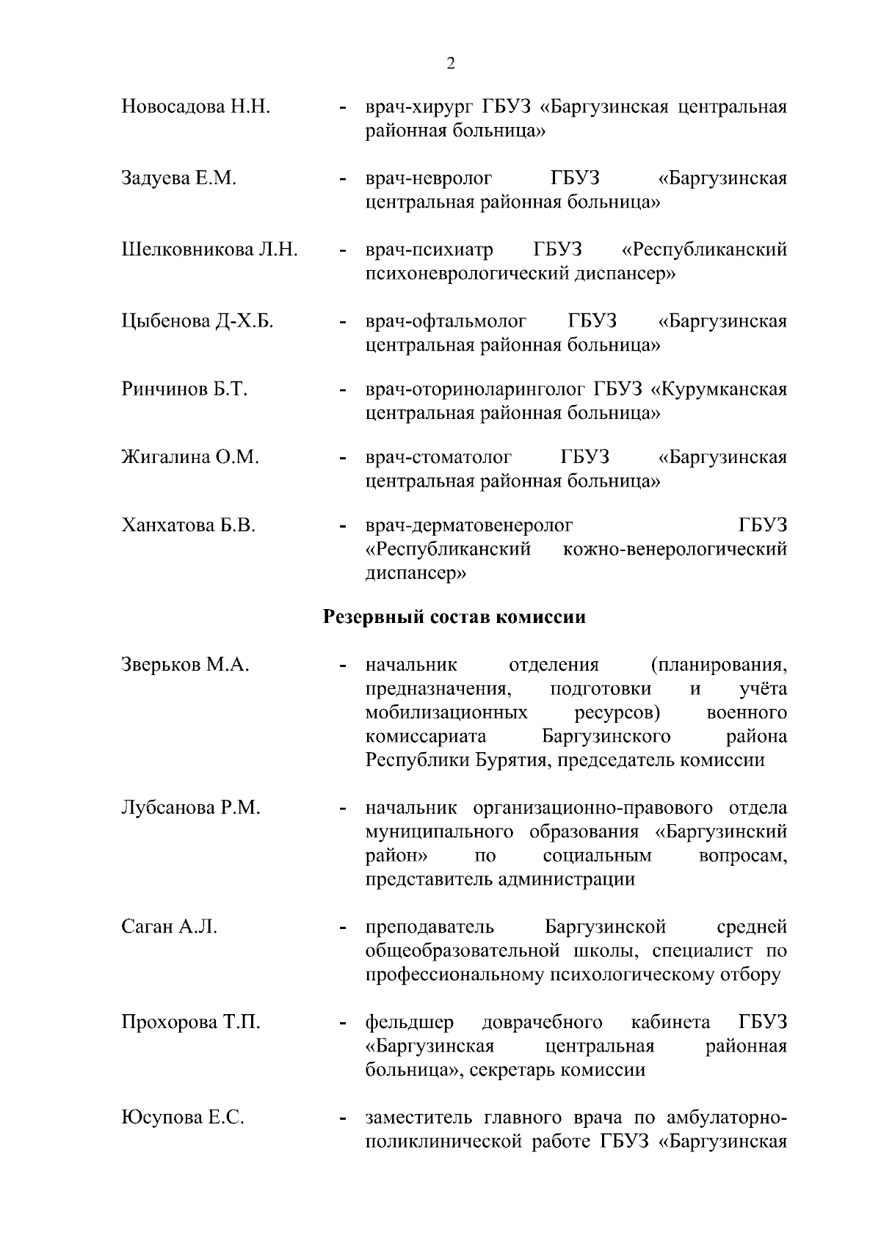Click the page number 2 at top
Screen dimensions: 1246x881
click(450, 63)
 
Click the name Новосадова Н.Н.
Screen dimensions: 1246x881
click(196, 107)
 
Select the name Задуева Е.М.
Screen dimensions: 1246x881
click(178, 178)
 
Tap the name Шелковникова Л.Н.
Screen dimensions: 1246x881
click(209, 249)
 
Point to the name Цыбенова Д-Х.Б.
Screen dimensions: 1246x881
click(197, 321)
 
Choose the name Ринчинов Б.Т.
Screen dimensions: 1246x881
click(184, 389)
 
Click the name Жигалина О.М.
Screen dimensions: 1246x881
click(190, 457)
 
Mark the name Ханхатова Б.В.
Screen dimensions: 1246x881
click(188, 525)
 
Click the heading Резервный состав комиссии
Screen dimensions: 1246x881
click(454, 616)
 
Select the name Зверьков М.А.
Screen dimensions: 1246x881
click(185, 665)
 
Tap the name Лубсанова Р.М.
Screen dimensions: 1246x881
click(191, 808)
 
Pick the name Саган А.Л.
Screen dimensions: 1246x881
click(169, 927)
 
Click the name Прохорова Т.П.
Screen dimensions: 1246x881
click(191, 1022)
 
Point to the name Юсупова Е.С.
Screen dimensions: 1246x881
click(183, 1118)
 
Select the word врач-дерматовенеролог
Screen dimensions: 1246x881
click(469, 525)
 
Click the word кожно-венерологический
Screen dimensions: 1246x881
click(675, 549)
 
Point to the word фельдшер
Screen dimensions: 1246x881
click(410, 1022)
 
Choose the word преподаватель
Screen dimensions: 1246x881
click(429, 927)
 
